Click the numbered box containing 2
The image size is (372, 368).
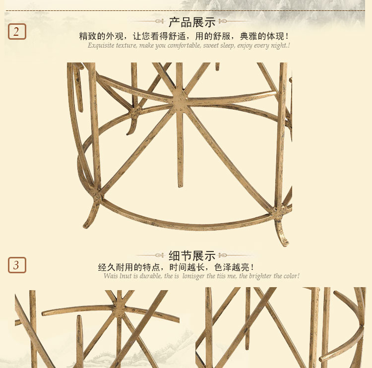17,32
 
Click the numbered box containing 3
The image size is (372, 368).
17,265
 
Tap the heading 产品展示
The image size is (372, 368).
192,22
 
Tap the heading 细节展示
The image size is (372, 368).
192,256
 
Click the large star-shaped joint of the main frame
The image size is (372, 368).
180,99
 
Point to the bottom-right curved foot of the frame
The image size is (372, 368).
282,233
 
